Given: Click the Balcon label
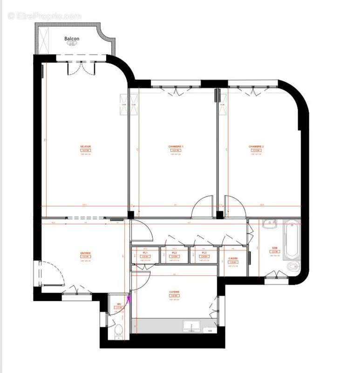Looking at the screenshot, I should (x=72, y=39).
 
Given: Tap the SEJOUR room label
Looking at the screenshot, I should (x=85, y=147).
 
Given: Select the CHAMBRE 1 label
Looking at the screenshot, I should (x=176, y=147).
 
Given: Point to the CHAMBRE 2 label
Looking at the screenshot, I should (x=256, y=147).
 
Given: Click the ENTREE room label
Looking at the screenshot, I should (x=85, y=253).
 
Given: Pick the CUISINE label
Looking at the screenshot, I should (x=174, y=292).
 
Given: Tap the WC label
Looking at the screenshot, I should (x=118, y=304).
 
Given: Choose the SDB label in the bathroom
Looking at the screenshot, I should (x=274, y=248).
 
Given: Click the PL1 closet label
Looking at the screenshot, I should (x=145, y=253).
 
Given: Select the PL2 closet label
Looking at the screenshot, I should (x=174, y=253).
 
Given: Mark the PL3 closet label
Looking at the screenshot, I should (x=204, y=253).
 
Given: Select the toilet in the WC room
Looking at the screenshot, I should (x=118, y=332).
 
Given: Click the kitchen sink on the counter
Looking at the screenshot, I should (x=191, y=325).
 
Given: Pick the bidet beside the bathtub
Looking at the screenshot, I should (x=292, y=267).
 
